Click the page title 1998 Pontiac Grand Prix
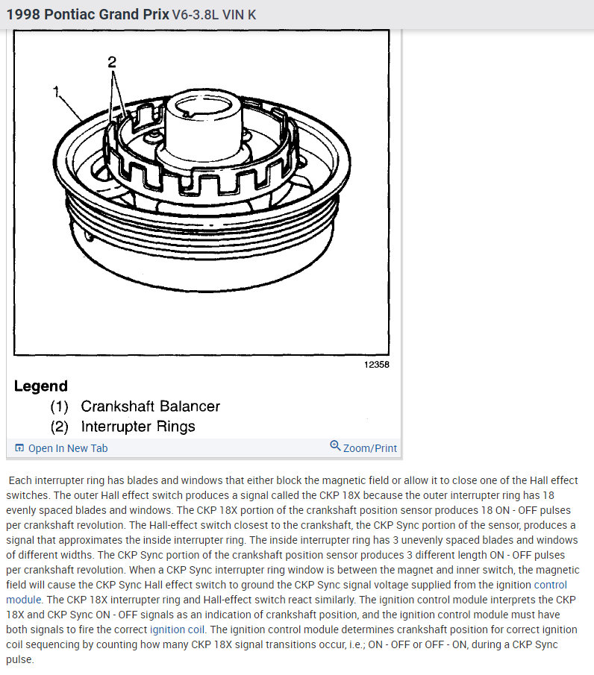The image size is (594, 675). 87,14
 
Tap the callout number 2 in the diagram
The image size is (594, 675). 112,62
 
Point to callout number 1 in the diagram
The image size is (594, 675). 56,91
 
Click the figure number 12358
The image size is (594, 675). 376,365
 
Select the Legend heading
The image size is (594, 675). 41,386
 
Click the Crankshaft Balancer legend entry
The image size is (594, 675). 150,406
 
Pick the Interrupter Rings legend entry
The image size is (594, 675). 138,426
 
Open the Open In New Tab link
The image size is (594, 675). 68,448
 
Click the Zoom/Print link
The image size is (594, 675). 370,448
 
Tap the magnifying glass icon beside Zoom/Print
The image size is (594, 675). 335,445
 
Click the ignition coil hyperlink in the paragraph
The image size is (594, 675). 177,630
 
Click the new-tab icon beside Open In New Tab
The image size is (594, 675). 19,448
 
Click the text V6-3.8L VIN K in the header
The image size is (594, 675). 214,15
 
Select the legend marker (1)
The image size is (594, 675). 60,406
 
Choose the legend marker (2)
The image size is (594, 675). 60,427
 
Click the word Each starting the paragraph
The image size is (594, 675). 20,480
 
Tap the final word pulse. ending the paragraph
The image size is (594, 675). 20,659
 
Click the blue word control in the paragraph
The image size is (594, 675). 551,585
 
